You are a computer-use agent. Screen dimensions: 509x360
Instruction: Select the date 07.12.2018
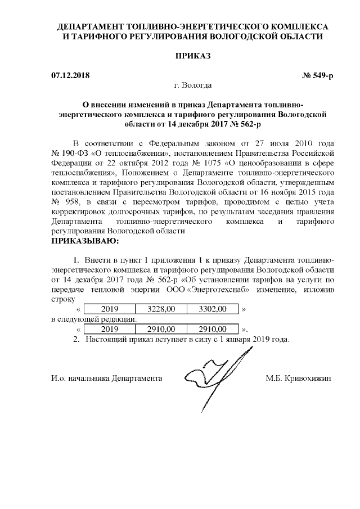70,75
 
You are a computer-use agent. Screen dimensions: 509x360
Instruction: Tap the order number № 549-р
318,75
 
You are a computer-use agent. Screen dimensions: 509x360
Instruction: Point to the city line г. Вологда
192,85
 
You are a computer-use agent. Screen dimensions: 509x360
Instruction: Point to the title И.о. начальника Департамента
107,379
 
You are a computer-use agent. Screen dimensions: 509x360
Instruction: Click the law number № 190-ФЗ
71,152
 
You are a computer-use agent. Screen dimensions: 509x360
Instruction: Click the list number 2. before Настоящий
77,340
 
